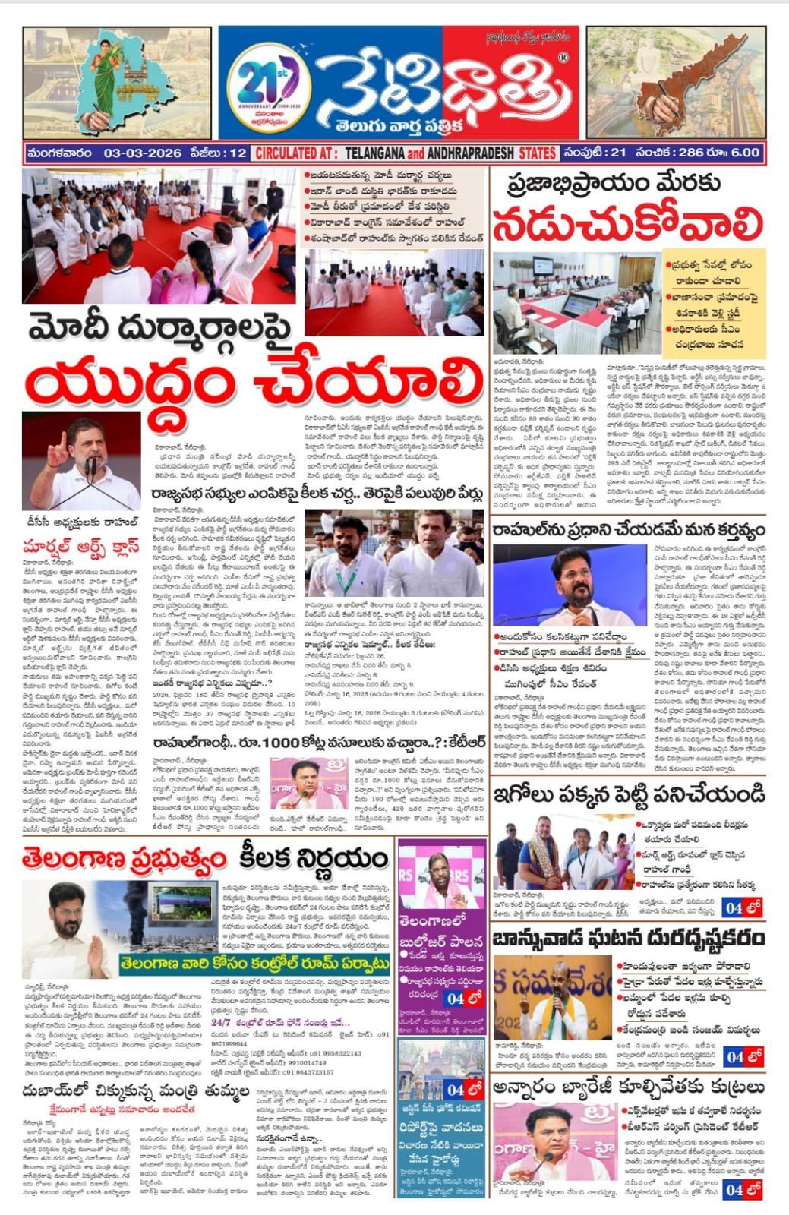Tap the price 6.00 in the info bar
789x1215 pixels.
coord(743,153)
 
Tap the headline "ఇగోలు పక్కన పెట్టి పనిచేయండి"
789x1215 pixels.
coord(629,794)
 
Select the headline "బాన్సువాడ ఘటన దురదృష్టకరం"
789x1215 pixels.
coord(629,939)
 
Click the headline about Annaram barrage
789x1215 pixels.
coord(629,1087)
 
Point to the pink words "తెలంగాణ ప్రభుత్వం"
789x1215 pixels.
coord(125,859)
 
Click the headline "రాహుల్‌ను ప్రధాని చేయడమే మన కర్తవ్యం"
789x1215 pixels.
coord(629,529)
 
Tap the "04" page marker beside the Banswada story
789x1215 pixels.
coord(734,1056)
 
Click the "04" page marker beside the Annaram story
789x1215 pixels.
coord(734,1190)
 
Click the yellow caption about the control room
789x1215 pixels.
coord(254,964)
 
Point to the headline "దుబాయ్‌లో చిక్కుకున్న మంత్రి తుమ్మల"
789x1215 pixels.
coord(135,1093)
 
